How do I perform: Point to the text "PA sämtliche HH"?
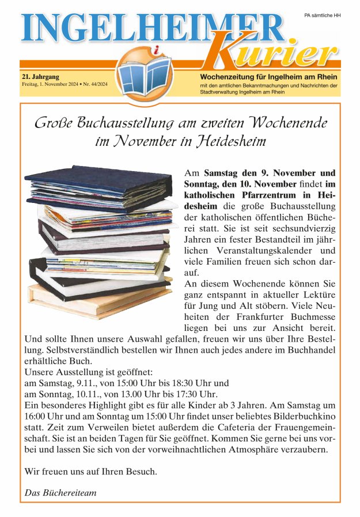(x=322, y=15)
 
